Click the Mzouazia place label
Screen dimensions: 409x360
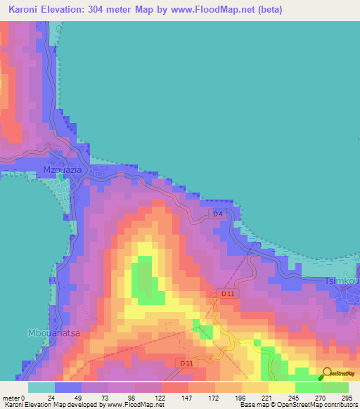click(63, 171)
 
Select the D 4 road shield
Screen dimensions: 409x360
click(218, 214)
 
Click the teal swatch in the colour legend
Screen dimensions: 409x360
click(41, 387)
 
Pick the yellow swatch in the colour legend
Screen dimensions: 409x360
click(281, 387)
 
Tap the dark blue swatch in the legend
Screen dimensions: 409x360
click(67, 387)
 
